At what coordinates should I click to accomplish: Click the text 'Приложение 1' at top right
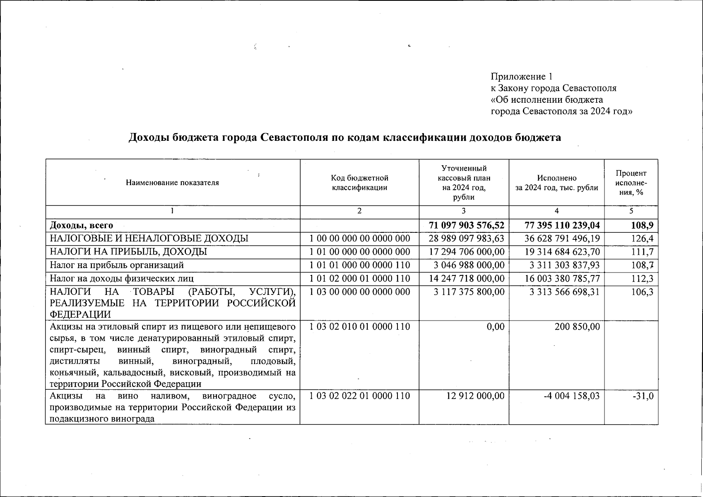click(x=521, y=77)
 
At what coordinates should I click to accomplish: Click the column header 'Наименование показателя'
click(x=172, y=183)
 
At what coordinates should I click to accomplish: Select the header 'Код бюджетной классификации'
click(x=359, y=183)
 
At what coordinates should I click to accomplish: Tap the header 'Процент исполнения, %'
click(x=631, y=183)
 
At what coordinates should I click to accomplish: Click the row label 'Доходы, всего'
click(x=82, y=226)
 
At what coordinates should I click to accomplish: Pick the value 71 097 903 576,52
click(x=467, y=226)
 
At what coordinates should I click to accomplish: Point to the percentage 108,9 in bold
click(x=643, y=226)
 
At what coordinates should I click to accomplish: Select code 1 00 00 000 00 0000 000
click(x=360, y=239)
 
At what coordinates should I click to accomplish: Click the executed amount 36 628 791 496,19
click(x=562, y=239)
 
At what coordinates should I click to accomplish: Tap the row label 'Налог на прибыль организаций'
click(x=117, y=265)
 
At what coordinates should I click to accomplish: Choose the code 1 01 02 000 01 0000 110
click(x=360, y=279)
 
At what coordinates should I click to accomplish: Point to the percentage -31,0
click(x=644, y=396)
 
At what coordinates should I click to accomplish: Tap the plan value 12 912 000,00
click(x=475, y=396)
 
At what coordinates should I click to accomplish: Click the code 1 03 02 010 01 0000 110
click(x=360, y=327)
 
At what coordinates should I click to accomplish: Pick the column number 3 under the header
click(x=463, y=211)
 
